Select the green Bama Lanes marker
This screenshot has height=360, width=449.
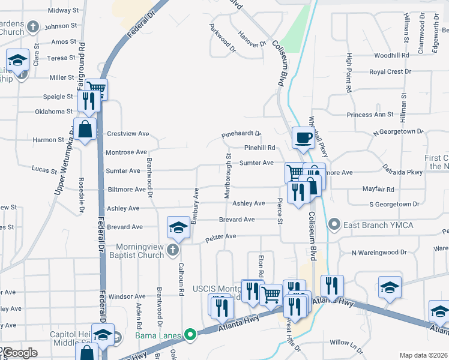click(191, 334)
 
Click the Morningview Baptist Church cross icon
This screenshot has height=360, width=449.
click(173, 250)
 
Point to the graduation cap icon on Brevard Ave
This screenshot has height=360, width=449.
click(178, 227)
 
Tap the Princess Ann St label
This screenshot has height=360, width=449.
click(370, 114)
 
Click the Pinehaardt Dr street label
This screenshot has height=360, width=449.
click(241, 134)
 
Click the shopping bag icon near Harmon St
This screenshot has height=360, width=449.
click(85, 128)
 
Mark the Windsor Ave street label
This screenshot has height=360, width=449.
click(127, 296)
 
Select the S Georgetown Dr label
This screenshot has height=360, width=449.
click(394, 205)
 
